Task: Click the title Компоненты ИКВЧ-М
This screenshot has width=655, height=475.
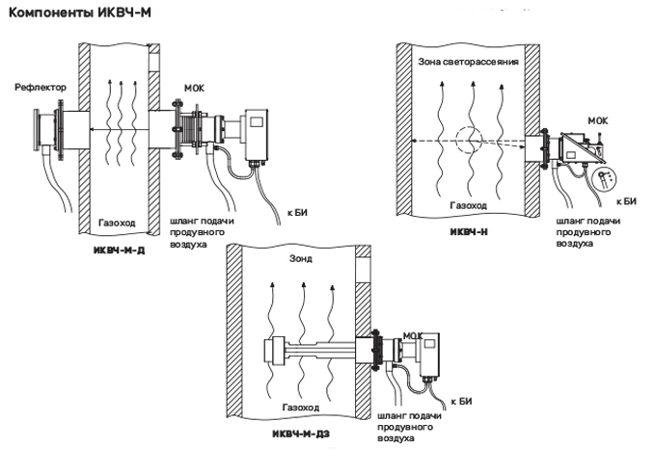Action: [80, 13]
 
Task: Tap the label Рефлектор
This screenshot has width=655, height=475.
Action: [41, 88]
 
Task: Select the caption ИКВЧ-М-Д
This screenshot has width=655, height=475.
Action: [119, 251]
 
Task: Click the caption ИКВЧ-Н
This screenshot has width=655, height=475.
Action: [469, 231]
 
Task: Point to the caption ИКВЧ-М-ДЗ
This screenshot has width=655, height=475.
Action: [301, 435]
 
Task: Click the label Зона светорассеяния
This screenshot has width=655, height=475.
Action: [468, 62]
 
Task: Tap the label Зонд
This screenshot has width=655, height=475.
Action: [301, 259]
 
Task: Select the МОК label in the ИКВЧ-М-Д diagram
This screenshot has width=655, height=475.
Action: [195, 89]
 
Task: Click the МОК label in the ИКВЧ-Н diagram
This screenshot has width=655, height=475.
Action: [598, 121]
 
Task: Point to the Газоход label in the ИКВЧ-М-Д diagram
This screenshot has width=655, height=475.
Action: [117, 223]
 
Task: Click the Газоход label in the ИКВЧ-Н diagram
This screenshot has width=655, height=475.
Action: [468, 205]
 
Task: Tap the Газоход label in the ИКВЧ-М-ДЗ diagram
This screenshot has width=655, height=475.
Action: [301, 408]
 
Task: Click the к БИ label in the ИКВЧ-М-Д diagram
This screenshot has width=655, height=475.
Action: [297, 213]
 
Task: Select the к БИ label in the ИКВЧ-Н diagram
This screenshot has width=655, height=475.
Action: [627, 201]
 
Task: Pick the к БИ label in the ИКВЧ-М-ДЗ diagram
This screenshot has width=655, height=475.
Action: [462, 402]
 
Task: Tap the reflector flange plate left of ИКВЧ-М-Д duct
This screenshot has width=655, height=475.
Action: [37, 129]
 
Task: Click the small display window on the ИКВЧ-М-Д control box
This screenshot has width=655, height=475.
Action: [256, 122]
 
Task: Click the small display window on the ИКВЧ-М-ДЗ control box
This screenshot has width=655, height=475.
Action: [429, 344]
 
